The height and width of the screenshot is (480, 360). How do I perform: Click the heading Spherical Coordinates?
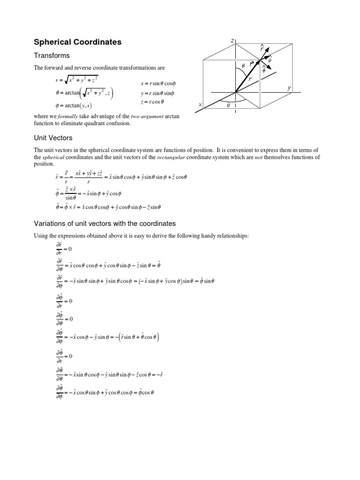pyautogui.click(x=77, y=42)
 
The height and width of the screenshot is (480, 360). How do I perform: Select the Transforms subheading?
pyautogui.click(x=51, y=56)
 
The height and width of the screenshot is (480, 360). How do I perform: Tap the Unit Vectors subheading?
pyautogui.click(x=52, y=138)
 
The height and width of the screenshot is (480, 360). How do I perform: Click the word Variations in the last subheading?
pyautogui.click(x=50, y=223)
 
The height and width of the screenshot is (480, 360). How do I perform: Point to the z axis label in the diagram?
pyautogui.click(x=232, y=41)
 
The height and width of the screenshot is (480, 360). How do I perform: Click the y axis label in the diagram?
pyautogui.click(x=289, y=88)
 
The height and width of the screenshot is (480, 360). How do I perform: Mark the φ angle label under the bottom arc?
pyautogui.click(x=229, y=105)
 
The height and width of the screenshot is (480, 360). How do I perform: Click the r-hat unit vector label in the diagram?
pyautogui.click(x=262, y=48)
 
